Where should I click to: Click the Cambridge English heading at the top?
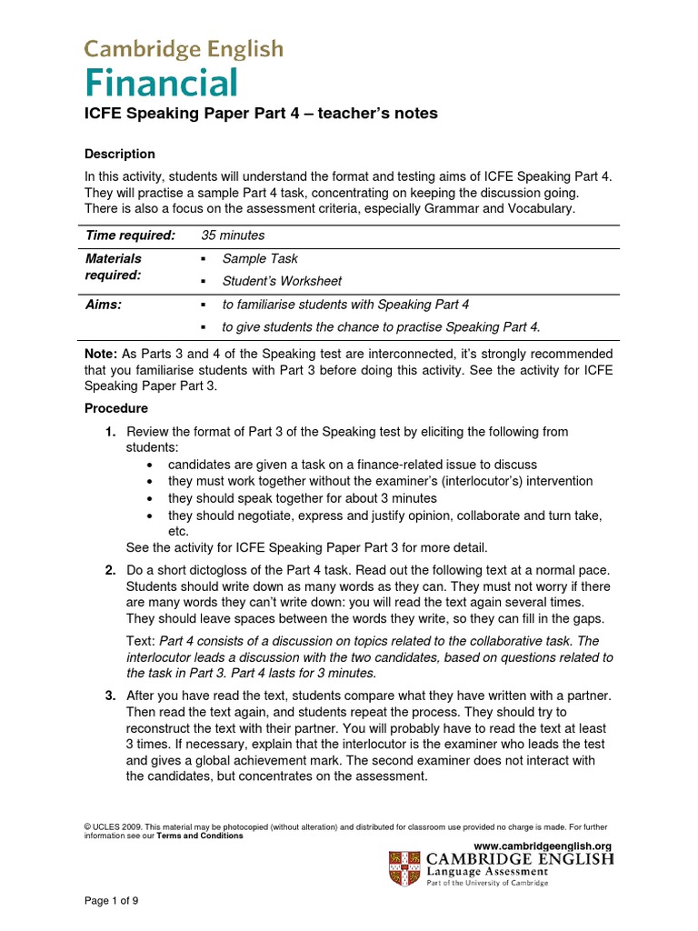(x=184, y=49)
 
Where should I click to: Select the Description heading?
(x=119, y=154)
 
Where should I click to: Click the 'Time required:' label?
(x=130, y=235)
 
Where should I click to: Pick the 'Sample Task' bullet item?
(x=260, y=259)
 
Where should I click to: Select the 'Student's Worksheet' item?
(x=282, y=281)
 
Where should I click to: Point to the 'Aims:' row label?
(x=104, y=305)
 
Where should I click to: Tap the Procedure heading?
(x=115, y=408)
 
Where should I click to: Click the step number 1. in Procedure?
(x=110, y=431)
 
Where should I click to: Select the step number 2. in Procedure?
(x=110, y=570)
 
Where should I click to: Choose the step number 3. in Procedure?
(x=110, y=696)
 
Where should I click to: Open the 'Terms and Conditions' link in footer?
(x=200, y=836)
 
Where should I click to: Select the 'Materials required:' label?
(x=114, y=266)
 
